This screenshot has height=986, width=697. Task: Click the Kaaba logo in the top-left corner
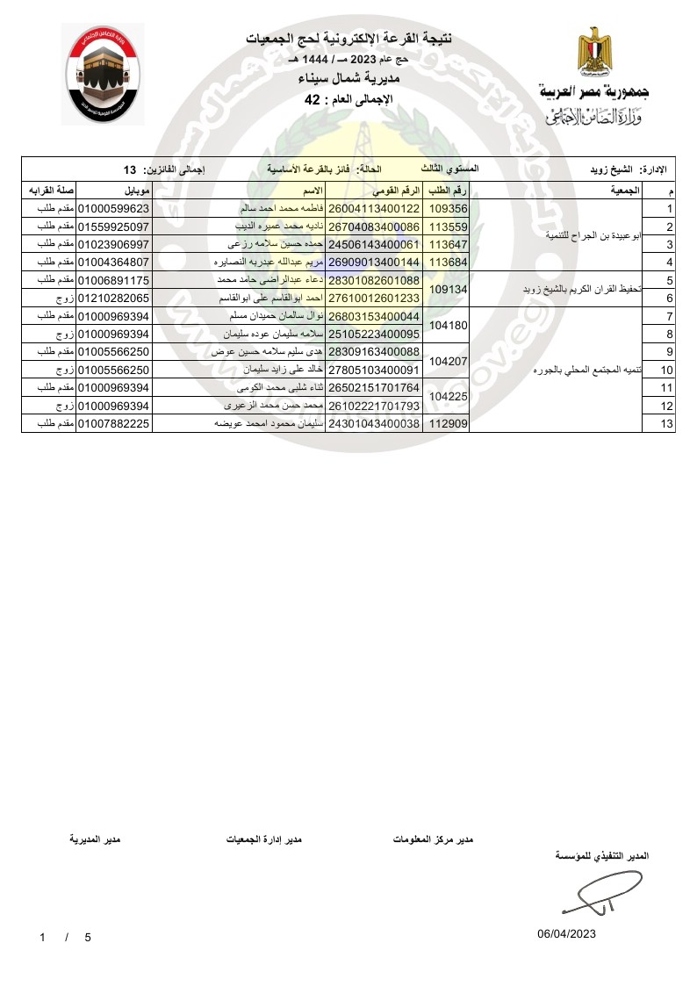pos(103,74)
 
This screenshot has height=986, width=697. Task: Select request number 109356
pos(447,209)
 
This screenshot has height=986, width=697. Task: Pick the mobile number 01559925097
pos(115,227)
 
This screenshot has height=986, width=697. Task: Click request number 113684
pos(447,262)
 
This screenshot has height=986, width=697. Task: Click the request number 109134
pos(447,289)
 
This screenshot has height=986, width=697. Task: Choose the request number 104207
pos(447,361)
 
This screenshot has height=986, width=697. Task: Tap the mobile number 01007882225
pos(115,424)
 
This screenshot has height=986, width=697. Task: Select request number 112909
pos(447,424)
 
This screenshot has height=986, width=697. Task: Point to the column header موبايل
pos(139,191)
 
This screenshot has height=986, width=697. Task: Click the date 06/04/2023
pos(566,933)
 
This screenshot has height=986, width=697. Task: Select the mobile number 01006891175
pos(115,280)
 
